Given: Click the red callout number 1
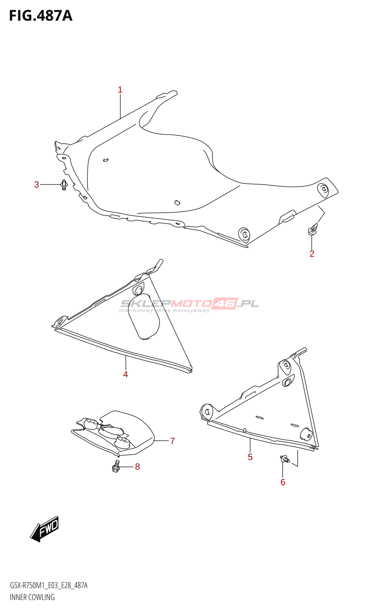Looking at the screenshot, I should tap(120, 90).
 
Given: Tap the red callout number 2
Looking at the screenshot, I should tap(312, 254).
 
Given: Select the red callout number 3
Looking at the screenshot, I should tap(37, 185).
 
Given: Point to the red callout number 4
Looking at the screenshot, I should tap(125, 374).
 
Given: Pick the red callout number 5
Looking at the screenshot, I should tap(250, 457).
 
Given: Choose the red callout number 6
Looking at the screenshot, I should tap(283, 482).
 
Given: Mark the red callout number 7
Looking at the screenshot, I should tap(173, 441).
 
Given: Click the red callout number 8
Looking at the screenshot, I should tap(138, 467).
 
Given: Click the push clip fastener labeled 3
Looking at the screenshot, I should tap(64, 185).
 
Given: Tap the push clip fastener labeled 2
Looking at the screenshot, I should tap(312, 230).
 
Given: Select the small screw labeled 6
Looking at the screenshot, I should tap(284, 459).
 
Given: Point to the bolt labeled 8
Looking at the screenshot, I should tap(116, 466).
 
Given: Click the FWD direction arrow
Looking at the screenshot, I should tap(45, 529).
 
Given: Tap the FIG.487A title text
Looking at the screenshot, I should tap(40, 16).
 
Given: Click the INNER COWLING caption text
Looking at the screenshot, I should tap(32, 597).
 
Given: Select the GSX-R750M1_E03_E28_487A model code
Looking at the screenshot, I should tap(48, 586).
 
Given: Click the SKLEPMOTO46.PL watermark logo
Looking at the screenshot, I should tap(189, 304).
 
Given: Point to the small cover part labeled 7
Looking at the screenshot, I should tap(114, 433).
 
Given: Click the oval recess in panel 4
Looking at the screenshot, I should tap(146, 316).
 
